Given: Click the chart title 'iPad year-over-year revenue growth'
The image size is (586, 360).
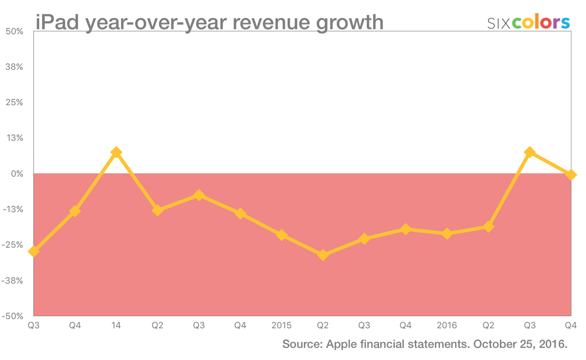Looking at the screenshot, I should (x=209, y=22).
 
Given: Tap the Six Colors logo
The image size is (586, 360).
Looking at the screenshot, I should (x=528, y=22).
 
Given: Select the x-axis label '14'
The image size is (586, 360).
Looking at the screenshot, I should (x=116, y=326).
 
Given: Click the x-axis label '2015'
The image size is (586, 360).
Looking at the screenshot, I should (x=281, y=326).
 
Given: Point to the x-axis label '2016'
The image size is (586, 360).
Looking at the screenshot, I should (x=447, y=326).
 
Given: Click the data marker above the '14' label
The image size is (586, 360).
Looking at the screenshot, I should (x=116, y=153).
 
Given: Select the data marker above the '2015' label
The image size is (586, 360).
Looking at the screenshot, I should (x=281, y=235).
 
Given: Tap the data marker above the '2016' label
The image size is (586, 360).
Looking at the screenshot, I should (x=447, y=234).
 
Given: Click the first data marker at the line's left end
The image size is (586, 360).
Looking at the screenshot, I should (x=34, y=251).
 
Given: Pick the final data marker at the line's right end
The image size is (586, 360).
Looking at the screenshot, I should (x=571, y=175).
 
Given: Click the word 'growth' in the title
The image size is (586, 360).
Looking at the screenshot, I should (x=350, y=22).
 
